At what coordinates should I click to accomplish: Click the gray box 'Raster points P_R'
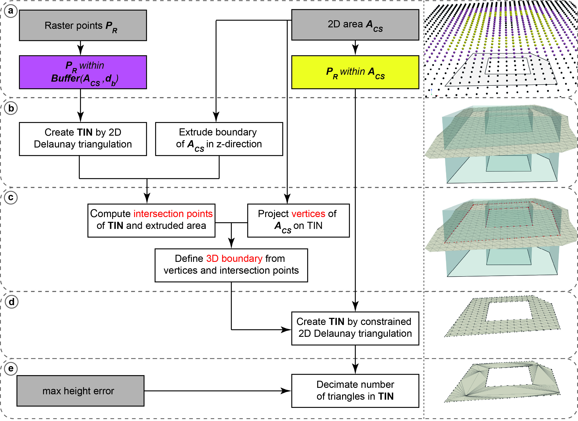point(83,25)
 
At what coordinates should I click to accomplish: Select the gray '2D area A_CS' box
point(355,25)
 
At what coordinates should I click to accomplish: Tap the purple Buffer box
point(83,72)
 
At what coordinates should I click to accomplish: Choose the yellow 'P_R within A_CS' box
point(355,72)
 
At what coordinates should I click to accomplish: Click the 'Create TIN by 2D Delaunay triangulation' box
point(83,139)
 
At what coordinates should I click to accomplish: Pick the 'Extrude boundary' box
point(219,139)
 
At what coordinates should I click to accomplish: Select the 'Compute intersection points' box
point(151,220)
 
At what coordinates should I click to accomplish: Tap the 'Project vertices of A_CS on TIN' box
point(298,220)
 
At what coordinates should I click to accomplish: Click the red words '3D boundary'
point(234,259)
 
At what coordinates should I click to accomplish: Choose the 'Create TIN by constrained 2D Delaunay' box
point(355,328)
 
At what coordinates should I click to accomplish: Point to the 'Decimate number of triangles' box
point(355,391)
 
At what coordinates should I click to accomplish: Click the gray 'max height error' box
point(80,391)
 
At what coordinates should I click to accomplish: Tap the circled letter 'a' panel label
point(11,11)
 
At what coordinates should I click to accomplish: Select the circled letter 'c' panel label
point(11,197)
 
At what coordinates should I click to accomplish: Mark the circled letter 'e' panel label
point(11,368)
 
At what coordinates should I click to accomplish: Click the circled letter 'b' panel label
point(11,108)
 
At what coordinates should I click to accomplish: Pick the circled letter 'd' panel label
point(11,302)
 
